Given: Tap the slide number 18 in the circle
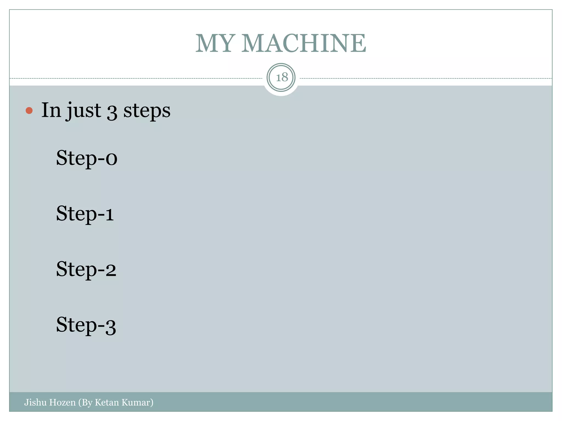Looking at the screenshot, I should [282, 78].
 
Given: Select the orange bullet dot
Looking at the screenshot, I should [29, 110].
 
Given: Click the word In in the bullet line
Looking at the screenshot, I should [51, 110].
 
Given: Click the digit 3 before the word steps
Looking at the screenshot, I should [112, 112].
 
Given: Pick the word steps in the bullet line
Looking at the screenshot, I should [147, 111].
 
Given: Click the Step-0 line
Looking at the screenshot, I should [87, 158].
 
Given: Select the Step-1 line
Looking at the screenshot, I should [85, 214].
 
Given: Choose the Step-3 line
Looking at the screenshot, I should [86, 325].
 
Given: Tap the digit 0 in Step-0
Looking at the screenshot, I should [111, 159].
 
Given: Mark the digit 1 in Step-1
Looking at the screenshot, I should [109, 215].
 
